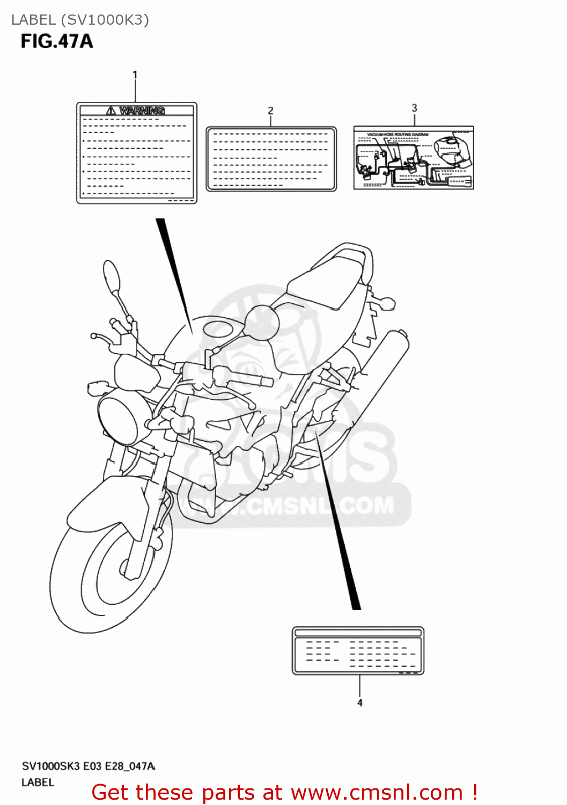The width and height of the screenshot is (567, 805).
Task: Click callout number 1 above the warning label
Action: click(135, 75)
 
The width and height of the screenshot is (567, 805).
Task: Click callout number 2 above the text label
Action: click(270, 111)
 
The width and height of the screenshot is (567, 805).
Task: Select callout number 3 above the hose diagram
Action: click(414, 108)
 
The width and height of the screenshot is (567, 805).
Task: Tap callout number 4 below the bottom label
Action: click(359, 702)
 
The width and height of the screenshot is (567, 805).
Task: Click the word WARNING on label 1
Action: click(142, 111)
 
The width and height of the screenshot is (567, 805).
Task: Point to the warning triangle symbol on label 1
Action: click(111, 111)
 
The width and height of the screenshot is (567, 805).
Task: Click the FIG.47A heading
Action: click(57, 41)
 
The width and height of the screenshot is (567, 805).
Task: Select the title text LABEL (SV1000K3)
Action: click(80, 20)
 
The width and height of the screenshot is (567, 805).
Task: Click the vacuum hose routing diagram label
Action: click(414, 158)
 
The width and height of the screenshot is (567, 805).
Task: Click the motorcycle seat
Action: click(325, 284)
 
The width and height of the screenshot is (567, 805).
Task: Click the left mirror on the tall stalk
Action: click(112, 277)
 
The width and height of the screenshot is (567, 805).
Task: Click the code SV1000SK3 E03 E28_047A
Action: click(89, 766)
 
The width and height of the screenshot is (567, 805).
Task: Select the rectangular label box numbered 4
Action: click(358, 650)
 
